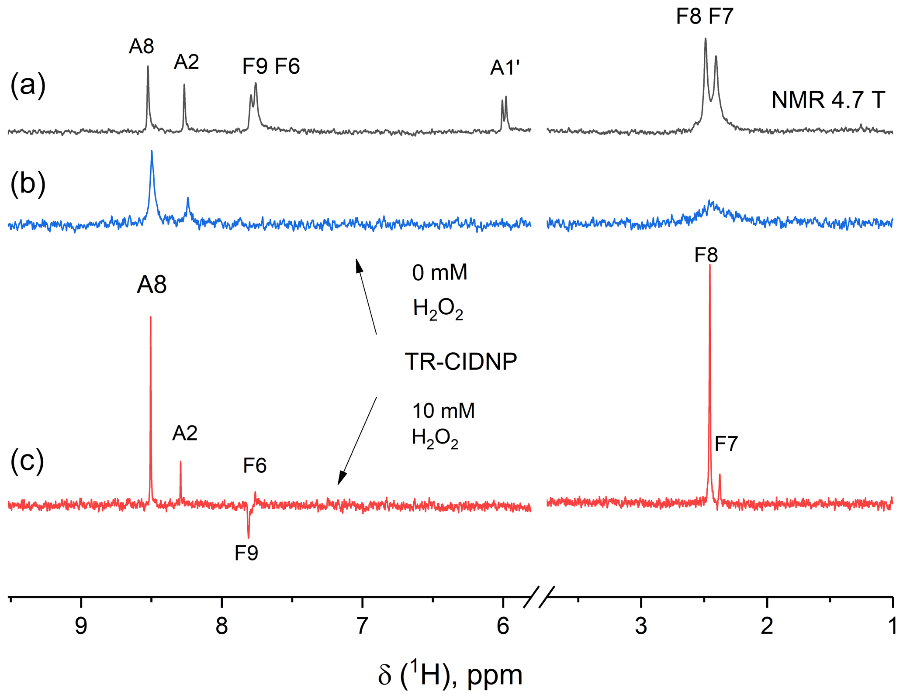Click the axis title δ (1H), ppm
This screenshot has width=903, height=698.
(x=450, y=674)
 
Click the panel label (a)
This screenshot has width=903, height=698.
(x=28, y=85)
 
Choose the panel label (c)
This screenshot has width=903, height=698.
(x=27, y=461)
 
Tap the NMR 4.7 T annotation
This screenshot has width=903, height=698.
(x=828, y=100)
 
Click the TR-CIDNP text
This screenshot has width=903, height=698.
(x=461, y=361)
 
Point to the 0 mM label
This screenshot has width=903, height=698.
(x=439, y=273)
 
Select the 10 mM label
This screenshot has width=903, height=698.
(x=443, y=411)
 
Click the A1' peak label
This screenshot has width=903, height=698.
(x=505, y=68)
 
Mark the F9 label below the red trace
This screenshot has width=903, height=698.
(x=246, y=553)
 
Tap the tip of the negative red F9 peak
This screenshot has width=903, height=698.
(x=249, y=537)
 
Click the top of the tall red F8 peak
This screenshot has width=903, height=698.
(x=710, y=265)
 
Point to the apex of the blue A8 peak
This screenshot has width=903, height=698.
(x=152, y=151)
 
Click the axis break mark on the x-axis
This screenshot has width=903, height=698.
(x=539, y=597)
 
